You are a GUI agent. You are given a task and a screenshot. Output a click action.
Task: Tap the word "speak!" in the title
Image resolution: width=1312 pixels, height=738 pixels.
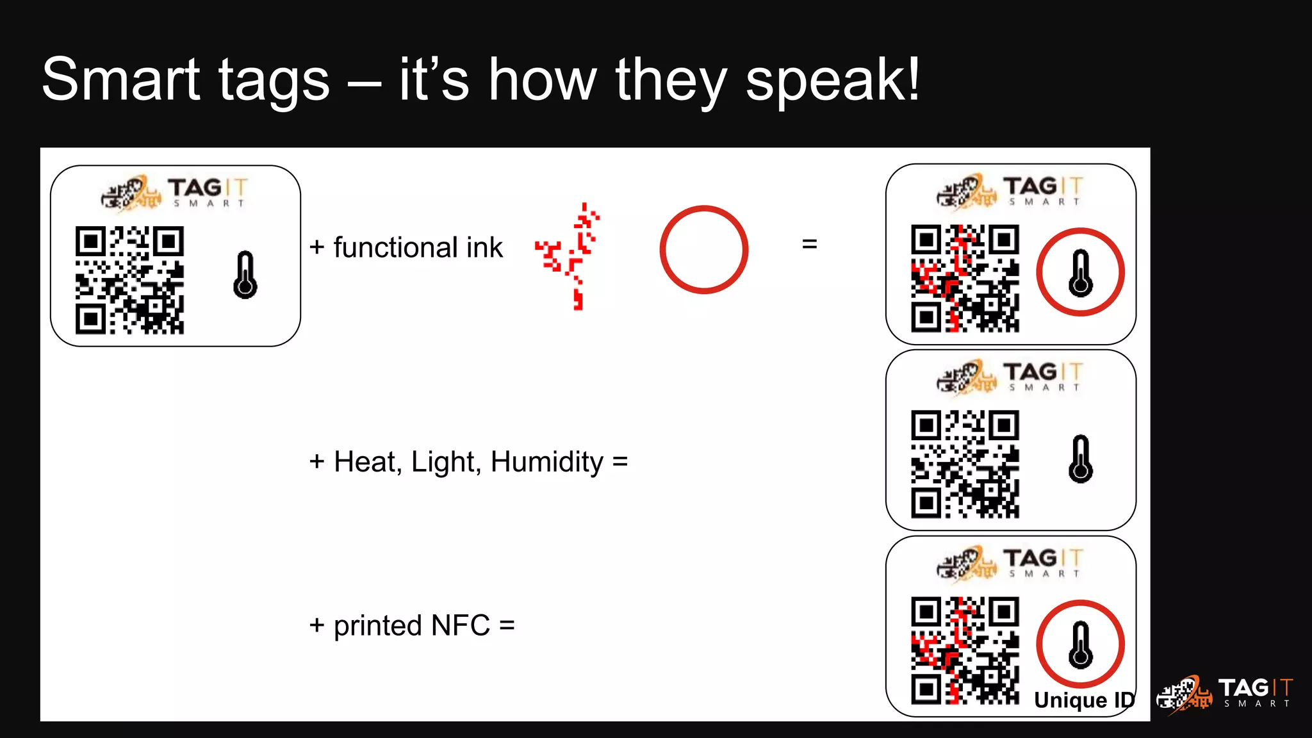pyautogui.click(x=833, y=81)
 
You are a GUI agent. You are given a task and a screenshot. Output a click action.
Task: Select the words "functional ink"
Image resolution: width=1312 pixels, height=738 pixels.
pyautogui.click(x=418, y=248)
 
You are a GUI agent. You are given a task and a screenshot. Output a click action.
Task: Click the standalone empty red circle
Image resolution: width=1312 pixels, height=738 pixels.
pyautogui.click(x=703, y=249)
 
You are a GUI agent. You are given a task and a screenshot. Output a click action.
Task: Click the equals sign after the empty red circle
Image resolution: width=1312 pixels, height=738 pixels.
pyautogui.click(x=810, y=244)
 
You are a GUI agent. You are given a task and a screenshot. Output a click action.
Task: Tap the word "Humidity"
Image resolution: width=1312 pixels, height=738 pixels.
pyautogui.click(x=546, y=462)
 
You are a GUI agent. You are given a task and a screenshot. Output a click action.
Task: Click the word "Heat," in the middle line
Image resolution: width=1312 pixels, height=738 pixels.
pyautogui.click(x=368, y=462)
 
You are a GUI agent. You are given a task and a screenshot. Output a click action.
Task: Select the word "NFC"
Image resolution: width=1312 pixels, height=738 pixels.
pyautogui.click(x=460, y=625)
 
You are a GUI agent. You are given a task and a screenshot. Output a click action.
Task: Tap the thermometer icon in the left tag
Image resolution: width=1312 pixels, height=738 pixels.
pyautogui.click(x=245, y=275)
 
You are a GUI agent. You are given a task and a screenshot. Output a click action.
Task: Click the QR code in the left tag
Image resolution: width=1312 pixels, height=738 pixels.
pyautogui.click(x=129, y=280)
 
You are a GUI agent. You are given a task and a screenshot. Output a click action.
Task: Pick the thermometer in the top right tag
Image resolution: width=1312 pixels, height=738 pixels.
pyautogui.click(x=1081, y=273)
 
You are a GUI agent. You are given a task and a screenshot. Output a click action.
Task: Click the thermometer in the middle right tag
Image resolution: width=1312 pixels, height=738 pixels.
pyautogui.click(x=1081, y=459)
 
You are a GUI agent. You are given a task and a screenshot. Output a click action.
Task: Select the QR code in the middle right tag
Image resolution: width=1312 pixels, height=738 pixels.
pyautogui.click(x=965, y=464)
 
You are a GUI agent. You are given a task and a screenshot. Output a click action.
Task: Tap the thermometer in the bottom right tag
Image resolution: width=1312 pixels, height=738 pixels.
pyautogui.click(x=1081, y=644)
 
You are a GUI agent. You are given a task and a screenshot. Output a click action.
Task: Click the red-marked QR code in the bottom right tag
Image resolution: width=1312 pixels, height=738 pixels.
pyautogui.click(x=965, y=650)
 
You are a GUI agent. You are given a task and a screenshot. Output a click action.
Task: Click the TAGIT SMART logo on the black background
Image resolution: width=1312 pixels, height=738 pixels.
pyautogui.click(x=1225, y=694)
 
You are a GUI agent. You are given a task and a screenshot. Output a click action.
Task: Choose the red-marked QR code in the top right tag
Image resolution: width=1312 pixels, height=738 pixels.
pyautogui.click(x=965, y=278)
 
